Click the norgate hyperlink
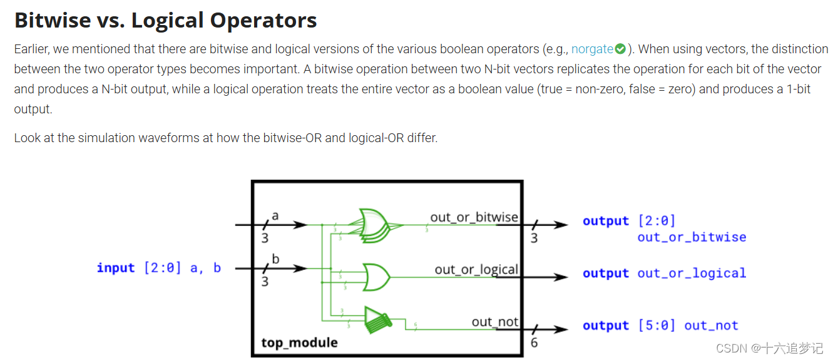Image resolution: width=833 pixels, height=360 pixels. pyautogui.click(x=591, y=49)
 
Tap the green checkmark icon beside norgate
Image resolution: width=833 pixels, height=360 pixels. pyautogui.click(x=620, y=49)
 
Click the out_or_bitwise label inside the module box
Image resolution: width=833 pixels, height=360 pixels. pyautogui.click(x=474, y=217)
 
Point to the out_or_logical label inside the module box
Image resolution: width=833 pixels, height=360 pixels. pyautogui.click(x=476, y=269)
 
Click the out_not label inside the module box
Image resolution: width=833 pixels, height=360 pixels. pyautogui.click(x=494, y=322)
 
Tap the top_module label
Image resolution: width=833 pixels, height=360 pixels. pyautogui.click(x=299, y=342)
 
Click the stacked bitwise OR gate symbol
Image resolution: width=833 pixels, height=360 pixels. pyautogui.click(x=374, y=226)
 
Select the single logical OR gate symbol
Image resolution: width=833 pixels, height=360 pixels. pyautogui.click(x=376, y=275)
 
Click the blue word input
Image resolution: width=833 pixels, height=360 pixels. pyautogui.click(x=116, y=268)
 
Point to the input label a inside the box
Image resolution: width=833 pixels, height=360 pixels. pyautogui.click(x=275, y=215)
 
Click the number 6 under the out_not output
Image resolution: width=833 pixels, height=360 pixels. pyautogui.click(x=534, y=342)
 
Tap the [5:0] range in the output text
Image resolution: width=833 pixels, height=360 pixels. pyautogui.click(x=657, y=326)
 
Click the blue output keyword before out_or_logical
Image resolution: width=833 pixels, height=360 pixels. pyautogui.click(x=605, y=274)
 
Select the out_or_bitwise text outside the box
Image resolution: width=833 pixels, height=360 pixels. pyautogui.click(x=692, y=237)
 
